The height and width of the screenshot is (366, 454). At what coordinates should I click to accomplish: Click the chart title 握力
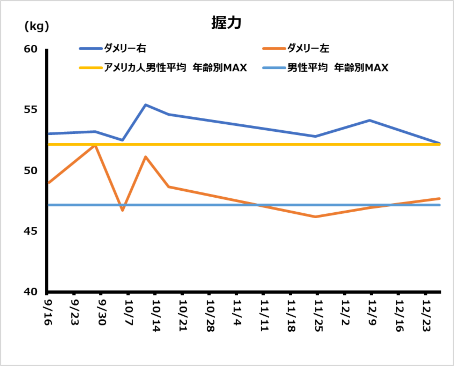click(226, 23)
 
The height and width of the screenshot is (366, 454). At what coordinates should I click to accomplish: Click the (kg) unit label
click(37, 26)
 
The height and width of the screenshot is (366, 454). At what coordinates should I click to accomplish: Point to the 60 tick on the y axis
click(31, 49)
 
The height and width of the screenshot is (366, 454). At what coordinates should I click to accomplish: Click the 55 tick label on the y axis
click(31, 110)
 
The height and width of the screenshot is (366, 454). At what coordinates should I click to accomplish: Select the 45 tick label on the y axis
click(31, 231)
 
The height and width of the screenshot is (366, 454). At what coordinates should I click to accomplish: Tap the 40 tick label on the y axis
click(31, 292)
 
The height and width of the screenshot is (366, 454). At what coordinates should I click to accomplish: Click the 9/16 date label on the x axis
click(48, 312)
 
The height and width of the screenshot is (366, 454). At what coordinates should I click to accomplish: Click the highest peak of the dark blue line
click(145, 105)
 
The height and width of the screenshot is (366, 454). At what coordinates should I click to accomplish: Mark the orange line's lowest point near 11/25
click(315, 217)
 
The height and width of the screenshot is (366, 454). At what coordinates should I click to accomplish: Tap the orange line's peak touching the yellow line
click(95, 145)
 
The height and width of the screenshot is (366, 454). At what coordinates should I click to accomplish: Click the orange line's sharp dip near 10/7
click(122, 210)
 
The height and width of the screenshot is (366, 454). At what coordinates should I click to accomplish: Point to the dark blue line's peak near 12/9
click(369, 120)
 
